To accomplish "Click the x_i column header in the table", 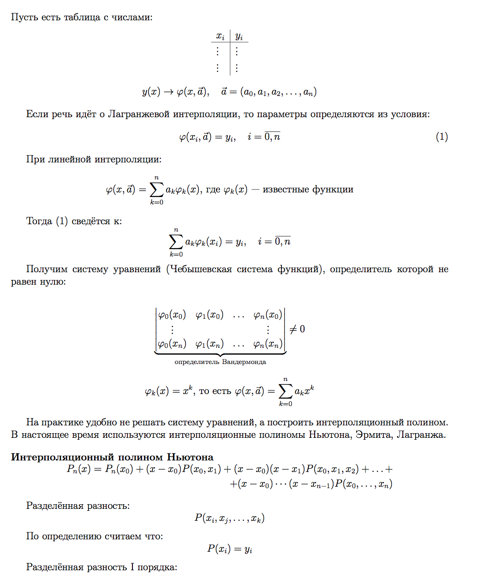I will pyautogui.click(x=220, y=36).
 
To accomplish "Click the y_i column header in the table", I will pyautogui.click(x=239, y=36).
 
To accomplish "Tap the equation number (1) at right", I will pyautogui.click(x=442, y=137).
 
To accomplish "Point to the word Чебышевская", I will pyautogui.click(x=202, y=269).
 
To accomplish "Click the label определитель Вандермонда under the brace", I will pyautogui.click(x=220, y=362).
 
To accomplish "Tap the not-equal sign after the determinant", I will pyautogui.click(x=293, y=329).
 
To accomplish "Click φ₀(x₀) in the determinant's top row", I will pyautogui.click(x=172, y=315).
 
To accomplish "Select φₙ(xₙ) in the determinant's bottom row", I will pyautogui.click(x=268, y=344).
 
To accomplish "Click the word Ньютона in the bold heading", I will pyautogui.click(x=190, y=457).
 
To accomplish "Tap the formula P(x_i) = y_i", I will pyautogui.click(x=229, y=549).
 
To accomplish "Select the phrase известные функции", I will pyautogui.click(x=308, y=189).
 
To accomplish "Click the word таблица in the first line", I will pyautogui.click(x=82, y=18).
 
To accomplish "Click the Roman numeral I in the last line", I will pyautogui.click(x=132, y=567).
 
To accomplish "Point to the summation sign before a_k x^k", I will pyautogui.click(x=285, y=391).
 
